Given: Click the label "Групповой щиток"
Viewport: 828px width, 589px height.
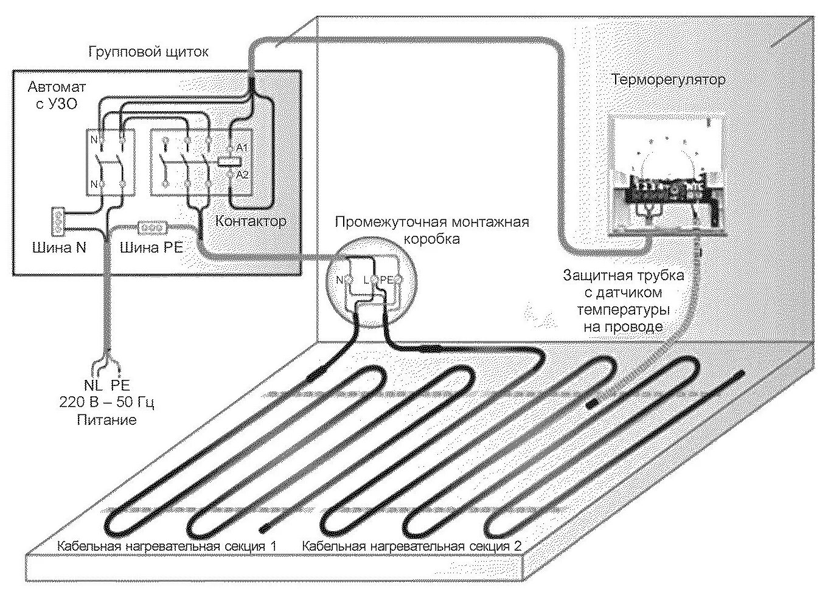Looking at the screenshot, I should pos(148,52).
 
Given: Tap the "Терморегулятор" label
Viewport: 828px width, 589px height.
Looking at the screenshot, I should pos(667,80).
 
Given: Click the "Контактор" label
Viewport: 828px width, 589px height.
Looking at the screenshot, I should pos(251,221).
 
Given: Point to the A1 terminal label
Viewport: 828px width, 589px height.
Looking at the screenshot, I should pos(242,148).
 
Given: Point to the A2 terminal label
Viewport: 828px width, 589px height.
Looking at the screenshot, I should pos(242,174).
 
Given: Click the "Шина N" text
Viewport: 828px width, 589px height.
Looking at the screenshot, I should pos(59,248).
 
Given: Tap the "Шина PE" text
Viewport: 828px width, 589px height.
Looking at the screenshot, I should pos(151,248).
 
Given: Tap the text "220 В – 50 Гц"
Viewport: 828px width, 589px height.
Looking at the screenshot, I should pos(106,402).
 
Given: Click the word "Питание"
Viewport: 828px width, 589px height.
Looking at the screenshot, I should pos(106,419).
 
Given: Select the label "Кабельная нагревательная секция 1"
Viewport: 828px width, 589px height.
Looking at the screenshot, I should pos(167,546).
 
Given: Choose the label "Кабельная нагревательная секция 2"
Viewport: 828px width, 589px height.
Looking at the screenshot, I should pos(412,546).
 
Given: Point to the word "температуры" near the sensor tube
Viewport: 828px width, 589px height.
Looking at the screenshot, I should pos(624,309).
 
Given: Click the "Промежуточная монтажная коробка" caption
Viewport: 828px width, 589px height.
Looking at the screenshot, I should pos(432,230).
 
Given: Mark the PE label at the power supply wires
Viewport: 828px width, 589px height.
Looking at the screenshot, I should pos(120,385).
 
